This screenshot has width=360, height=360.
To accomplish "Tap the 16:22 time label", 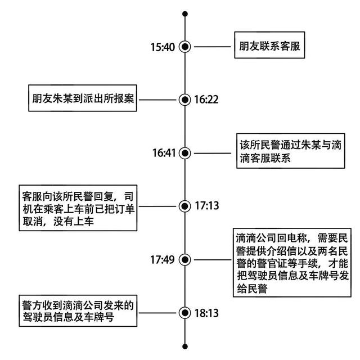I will (206, 100).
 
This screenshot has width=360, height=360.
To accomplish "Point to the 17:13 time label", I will (206, 206).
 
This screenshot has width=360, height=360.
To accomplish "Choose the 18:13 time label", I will (206, 313).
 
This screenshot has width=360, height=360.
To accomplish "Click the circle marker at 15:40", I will (185, 47).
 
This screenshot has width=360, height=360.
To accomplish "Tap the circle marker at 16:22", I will (185, 100).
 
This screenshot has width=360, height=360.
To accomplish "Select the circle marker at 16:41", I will (185, 152).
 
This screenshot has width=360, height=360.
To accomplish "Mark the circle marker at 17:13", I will (185, 206).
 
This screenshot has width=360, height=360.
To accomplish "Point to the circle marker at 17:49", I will (185, 260).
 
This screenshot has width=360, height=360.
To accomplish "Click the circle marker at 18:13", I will (185, 313).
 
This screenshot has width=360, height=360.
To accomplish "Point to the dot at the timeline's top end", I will (185, 13).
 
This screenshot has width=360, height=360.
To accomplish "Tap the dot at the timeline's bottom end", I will (185, 345).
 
